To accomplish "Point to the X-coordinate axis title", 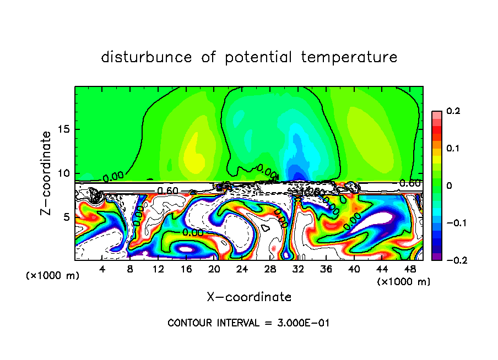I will (x=249, y=297).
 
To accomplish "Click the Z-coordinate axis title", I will (x=47, y=173).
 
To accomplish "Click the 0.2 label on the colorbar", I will (x=453, y=111).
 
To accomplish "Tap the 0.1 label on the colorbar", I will (x=453, y=149).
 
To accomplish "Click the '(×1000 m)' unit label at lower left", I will (x=53, y=275).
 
